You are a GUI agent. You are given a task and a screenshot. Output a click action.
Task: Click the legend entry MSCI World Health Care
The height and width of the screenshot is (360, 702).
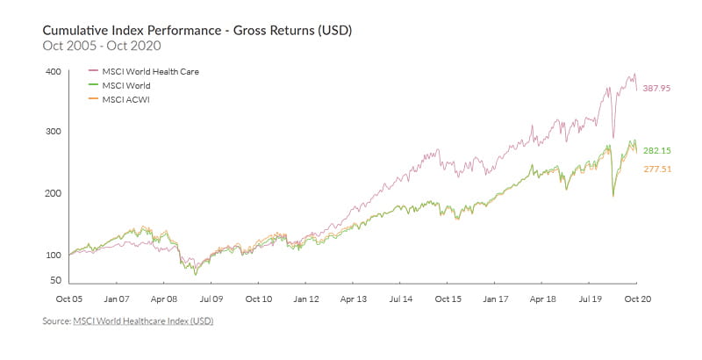click(151, 71)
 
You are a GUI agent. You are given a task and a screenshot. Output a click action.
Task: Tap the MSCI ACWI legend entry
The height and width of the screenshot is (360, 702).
click(125, 99)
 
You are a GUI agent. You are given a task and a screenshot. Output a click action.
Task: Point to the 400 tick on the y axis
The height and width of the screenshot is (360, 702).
click(53, 71)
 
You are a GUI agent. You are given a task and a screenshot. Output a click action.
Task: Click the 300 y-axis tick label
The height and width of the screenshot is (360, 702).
click(53, 132)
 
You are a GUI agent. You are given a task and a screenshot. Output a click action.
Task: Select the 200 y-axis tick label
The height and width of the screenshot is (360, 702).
click(53, 193)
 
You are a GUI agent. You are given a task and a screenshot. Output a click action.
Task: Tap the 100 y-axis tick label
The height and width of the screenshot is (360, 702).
click(53, 255)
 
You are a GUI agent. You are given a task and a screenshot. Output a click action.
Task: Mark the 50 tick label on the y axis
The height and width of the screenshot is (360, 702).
click(55, 280)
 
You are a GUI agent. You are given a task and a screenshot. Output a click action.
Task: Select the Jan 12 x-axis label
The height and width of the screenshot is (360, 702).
click(305, 299)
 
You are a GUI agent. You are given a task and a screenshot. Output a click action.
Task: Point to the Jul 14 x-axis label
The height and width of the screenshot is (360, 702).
click(399, 299)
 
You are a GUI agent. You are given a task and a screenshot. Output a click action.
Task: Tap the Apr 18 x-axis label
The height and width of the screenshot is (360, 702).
click(541, 299)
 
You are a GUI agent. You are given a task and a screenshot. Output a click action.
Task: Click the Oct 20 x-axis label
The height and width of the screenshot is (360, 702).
click(635, 299)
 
